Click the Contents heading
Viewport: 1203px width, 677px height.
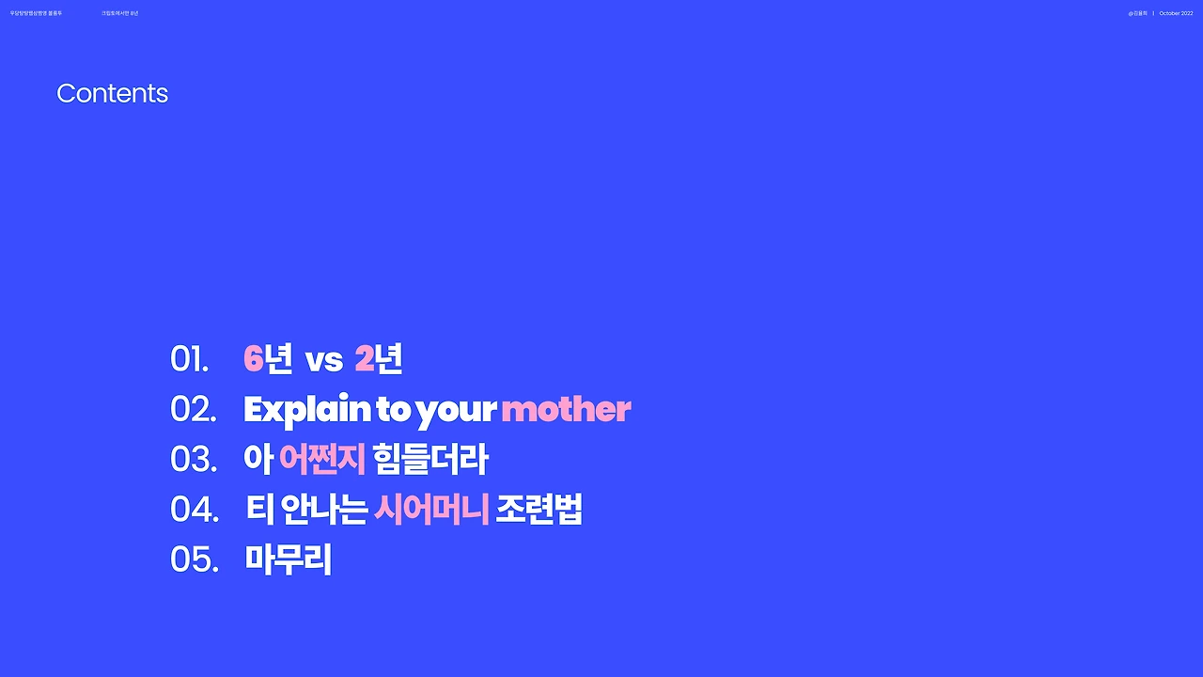[x=112, y=93]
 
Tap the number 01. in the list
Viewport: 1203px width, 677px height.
[x=189, y=359]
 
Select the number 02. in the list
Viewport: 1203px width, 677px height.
[x=193, y=409]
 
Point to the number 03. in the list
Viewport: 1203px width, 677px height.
[x=193, y=459]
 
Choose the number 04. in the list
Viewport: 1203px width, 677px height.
[x=194, y=510]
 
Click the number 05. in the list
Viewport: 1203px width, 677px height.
[x=194, y=559]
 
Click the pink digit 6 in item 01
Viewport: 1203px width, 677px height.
[x=253, y=358]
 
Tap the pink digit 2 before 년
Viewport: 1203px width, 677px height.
[x=364, y=358]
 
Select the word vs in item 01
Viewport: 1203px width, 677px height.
[x=323, y=360]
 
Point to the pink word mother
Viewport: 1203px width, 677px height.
[x=566, y=409]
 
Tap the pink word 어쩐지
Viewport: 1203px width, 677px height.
[x=321, y=459]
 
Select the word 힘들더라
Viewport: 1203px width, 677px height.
[x=430, y=459]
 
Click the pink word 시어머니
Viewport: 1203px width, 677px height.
[x=431, y=510]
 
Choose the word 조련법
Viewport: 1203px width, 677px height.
[x=539, y=510]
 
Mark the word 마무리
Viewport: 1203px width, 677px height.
[x=289, y=559]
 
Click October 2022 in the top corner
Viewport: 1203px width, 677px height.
[x=1176, y=13]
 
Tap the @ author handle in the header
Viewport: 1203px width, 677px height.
[x=1137, y=13]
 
